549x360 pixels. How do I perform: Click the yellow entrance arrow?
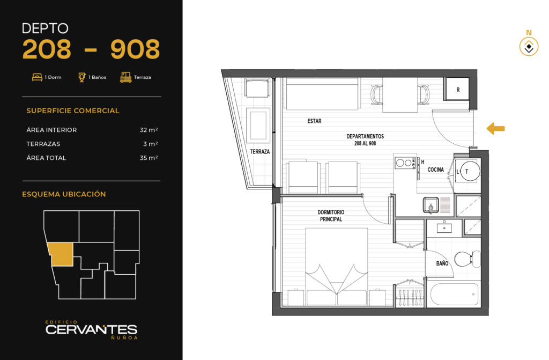click(495, 129)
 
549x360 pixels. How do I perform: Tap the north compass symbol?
click(529, 47)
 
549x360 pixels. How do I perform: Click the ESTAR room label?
click(314, 121)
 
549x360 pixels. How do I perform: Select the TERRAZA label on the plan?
click(260, 151)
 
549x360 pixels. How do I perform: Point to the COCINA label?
click(435, 170)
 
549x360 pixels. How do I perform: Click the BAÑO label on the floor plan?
click(442, 263)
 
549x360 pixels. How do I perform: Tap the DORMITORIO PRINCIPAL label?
click(331, 216)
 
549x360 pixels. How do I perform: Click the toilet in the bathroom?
click(468, 259)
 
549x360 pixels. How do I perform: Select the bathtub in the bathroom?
click(454, 295)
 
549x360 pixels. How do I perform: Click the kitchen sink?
click(431, 205)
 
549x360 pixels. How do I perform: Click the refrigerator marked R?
click(458, 90)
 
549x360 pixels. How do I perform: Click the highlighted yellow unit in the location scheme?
click(61, 254)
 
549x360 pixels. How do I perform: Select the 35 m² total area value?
click(149, 158)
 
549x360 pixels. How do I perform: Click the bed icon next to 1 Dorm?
click(37, 77)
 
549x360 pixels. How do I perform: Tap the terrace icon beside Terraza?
click(125, 77)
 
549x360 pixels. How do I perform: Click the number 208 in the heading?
click(47, 49)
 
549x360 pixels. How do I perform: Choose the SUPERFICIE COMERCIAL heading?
click(73, 111)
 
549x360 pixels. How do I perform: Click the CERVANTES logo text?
click(91, 329)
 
